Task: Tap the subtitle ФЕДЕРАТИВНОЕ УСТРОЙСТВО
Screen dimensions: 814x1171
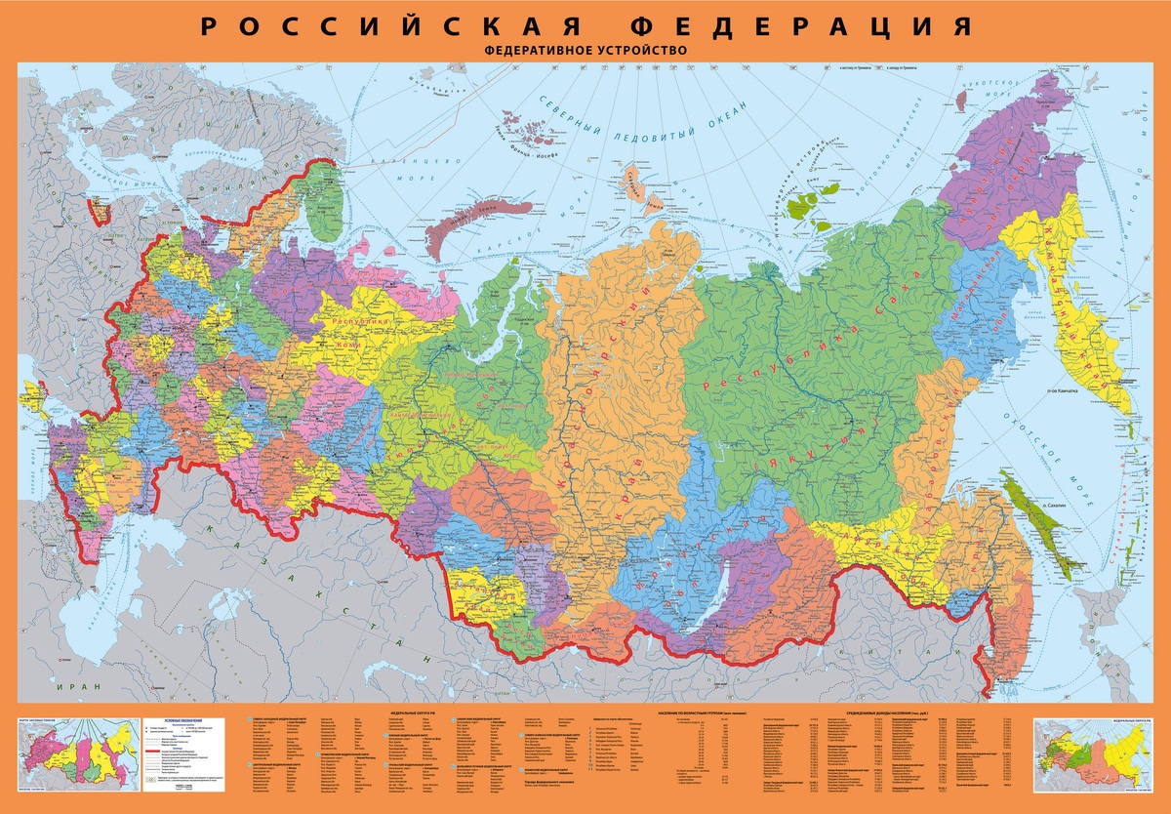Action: (585, 50)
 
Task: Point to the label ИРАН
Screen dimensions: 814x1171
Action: (79, 686)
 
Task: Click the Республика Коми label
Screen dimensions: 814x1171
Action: (362, 333)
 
